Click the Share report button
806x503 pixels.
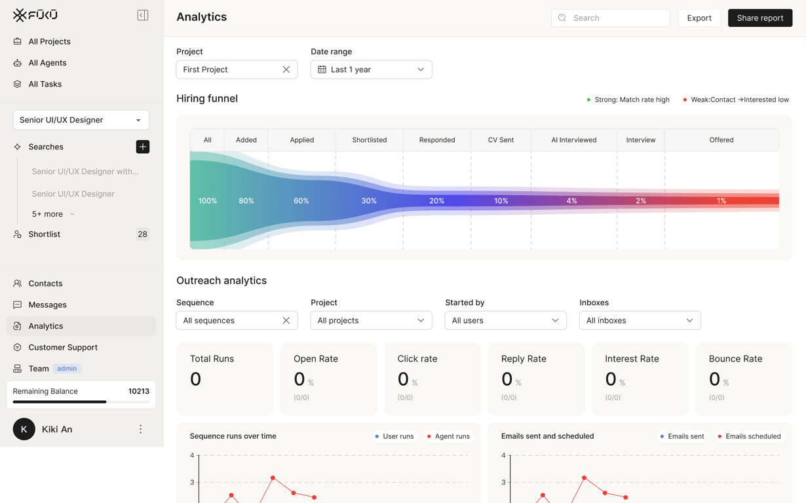tap(760, 18)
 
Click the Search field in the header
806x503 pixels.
tap(611, 18)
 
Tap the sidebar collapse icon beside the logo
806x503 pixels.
tap(142, 15)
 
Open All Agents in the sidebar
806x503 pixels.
tap(47, 63)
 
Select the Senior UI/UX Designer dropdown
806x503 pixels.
tap(81, 120)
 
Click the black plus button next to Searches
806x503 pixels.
tap(142, 147)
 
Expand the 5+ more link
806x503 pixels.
tap(53, 214)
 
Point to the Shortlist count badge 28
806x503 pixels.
tap(142, 234)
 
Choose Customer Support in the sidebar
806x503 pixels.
tap(63, 347)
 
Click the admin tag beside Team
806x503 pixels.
tap(67, 369)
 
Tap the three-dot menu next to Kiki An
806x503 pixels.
tap(140, 429)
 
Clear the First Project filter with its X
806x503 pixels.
tap(286, 69)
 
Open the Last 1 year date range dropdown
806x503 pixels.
tap(371, 69)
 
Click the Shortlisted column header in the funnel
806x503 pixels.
tap(369, 140)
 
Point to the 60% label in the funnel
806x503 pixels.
tap(301, 200)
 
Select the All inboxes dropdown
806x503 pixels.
tap(640, 320)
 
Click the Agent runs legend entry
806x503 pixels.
tap(448, 436)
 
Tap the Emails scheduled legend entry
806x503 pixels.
tap(750, 436)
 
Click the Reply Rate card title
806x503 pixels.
tap(524, 358)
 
